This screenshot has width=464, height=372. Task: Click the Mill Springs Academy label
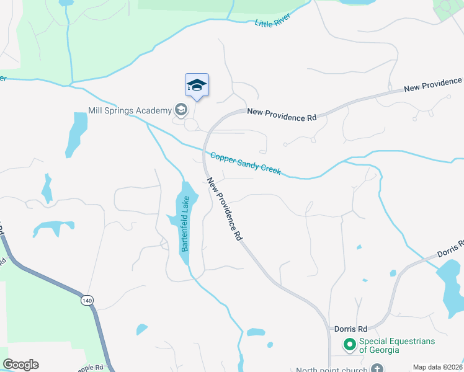[130, 110]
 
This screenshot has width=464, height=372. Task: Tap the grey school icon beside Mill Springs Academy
[181, 110]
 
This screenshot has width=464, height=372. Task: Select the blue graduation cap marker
[197, 86]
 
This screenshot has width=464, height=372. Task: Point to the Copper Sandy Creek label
[246, 164]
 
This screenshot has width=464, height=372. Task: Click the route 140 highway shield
[87, 301]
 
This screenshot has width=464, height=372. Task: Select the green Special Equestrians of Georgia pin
[349, 343]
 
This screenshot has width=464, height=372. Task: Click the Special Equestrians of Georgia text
[396, 346]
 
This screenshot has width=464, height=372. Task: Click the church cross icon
[377, 368]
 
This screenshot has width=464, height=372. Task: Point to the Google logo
[20, 365]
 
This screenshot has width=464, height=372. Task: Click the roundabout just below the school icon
[191, 125]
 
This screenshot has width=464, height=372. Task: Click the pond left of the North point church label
[256, 335]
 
